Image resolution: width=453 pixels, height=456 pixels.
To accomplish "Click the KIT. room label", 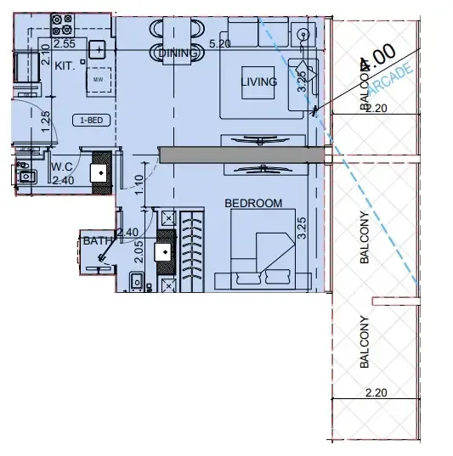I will (65, 65).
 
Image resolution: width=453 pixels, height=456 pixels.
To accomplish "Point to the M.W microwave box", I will (98, 80).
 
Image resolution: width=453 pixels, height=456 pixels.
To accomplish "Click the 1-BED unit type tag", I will (92, 120).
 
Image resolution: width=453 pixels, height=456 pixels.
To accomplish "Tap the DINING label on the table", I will (178, 53).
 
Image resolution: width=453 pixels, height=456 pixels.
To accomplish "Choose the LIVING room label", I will (259, 82).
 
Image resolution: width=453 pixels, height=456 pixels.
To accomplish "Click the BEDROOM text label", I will (252, 203).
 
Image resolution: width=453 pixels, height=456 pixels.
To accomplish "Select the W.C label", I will (61, 167).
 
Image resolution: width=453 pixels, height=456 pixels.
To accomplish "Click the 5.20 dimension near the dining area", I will (219, 42).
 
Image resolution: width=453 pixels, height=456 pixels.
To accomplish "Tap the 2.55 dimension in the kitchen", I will (65, 42).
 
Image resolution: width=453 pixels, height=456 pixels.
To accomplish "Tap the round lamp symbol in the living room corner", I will (303, 34).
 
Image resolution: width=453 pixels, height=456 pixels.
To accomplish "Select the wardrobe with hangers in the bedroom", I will (192, 250).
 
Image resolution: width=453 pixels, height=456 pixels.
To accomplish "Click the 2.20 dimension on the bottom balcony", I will (375, 393).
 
